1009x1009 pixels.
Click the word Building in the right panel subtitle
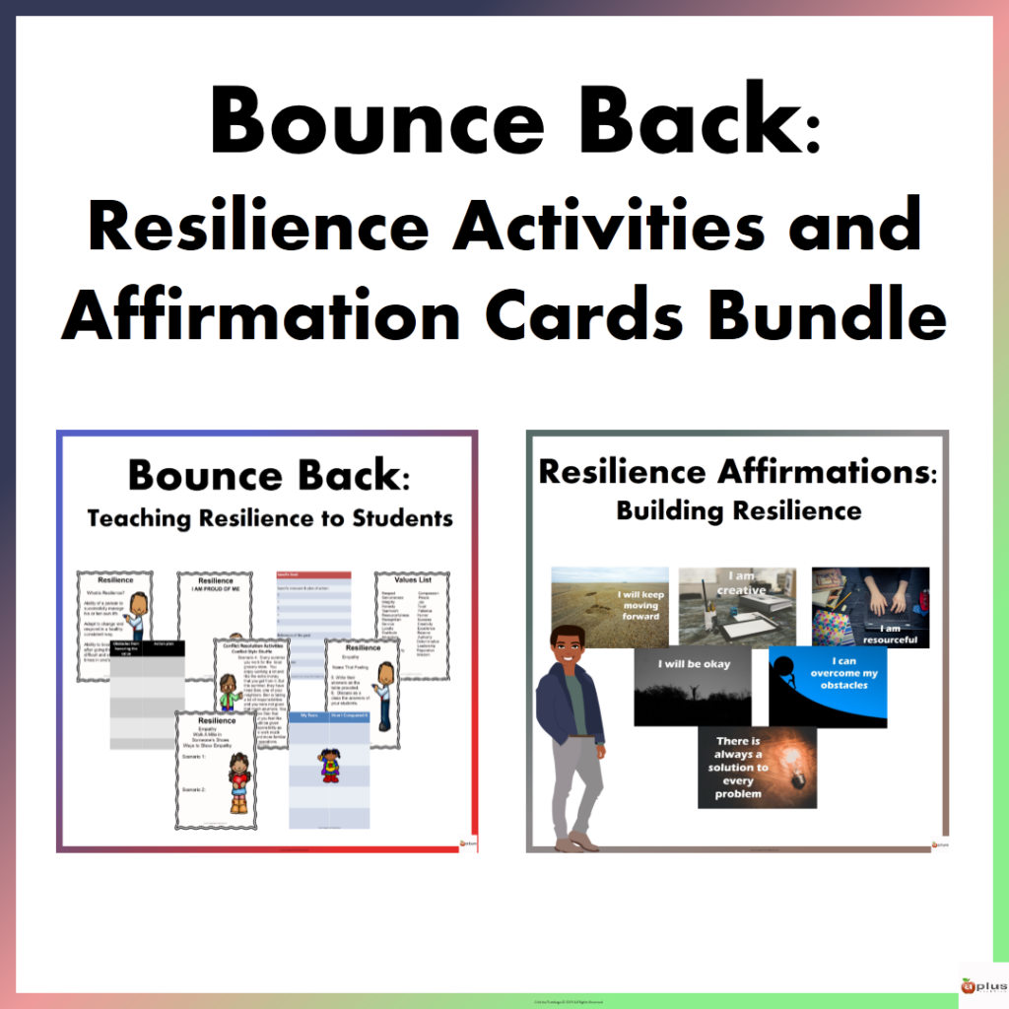pos(670,510)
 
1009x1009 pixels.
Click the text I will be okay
pos(693,663)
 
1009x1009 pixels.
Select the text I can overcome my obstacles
pos(834,676)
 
